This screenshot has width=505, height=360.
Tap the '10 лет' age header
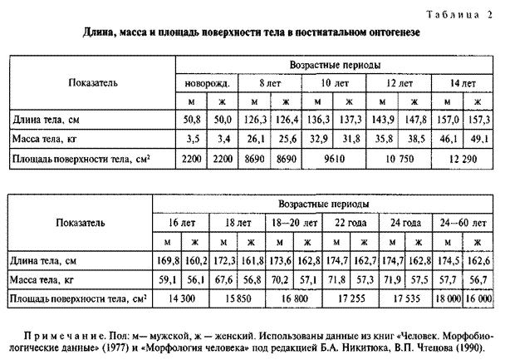[x=334, y=84]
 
